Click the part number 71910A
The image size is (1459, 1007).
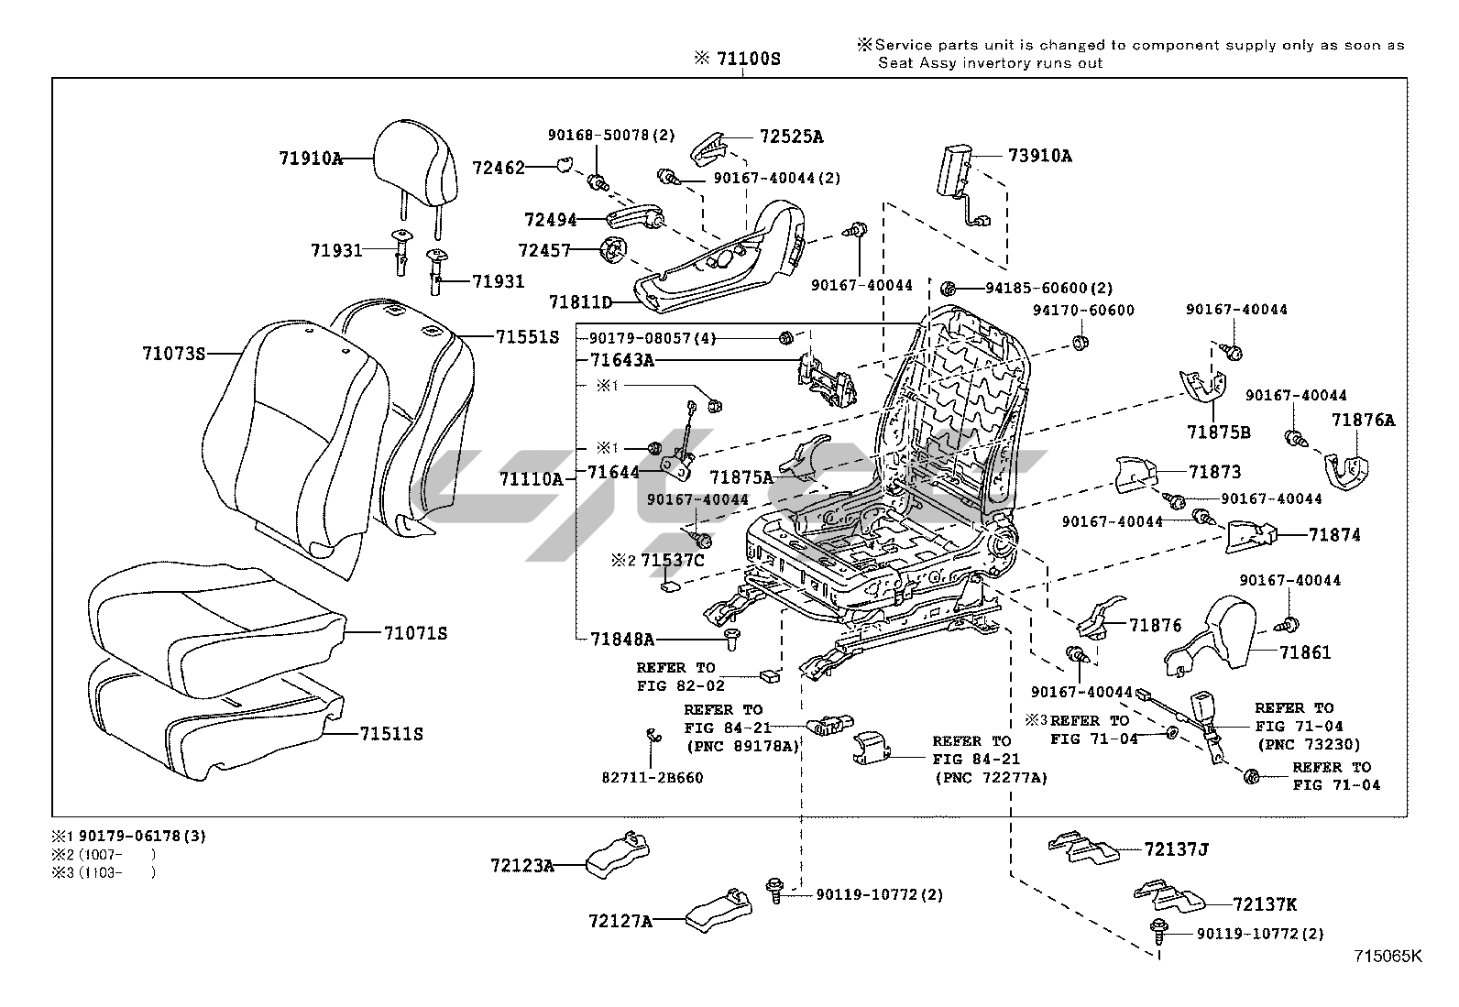[x=311, y=158]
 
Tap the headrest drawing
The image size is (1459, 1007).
[x=418, y=165]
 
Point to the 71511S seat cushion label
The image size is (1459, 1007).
[x=391, y=734]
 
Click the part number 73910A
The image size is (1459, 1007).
[x=1039, y=156]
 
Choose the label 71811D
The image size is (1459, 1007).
[x=581, y=301]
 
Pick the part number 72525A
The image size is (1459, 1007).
[x=791, y=137]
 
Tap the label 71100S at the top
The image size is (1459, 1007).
[x=748, y=59]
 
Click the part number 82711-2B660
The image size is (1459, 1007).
[x=652, y=778]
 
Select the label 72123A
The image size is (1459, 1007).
[x=522, y=864]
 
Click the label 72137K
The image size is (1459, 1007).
[x=1265, y=904]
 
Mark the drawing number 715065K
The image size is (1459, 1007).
[x=1388, y=956]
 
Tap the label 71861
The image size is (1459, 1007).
[x=1305, y=652]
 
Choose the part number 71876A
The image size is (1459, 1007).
[x=1363, y=421]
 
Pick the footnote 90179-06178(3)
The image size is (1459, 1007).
[x=142, y=836]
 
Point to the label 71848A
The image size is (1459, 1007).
[x=621, y=639]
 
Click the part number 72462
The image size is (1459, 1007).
[x=499, y=168]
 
